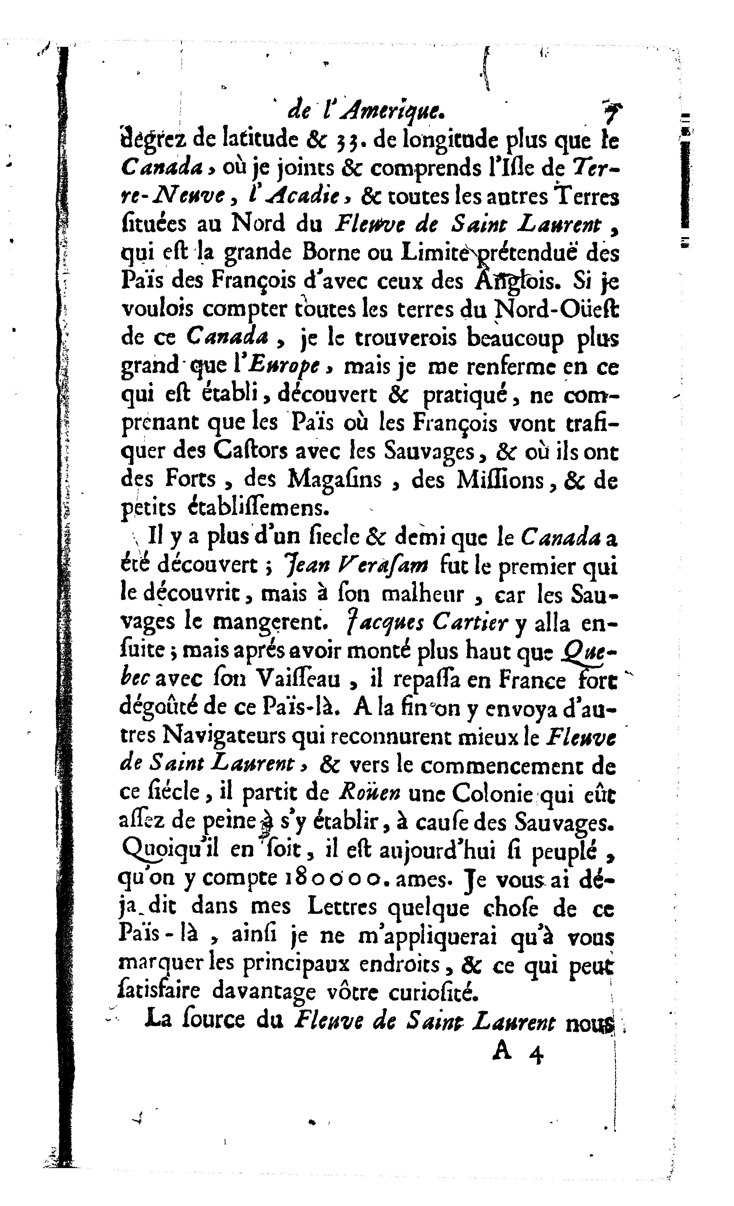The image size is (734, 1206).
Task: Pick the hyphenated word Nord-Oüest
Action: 556,309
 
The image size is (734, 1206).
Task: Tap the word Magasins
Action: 334,479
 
